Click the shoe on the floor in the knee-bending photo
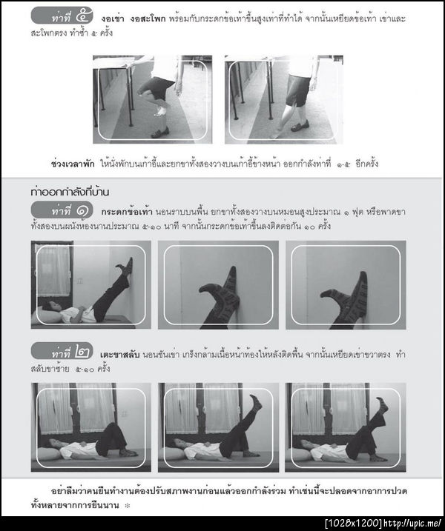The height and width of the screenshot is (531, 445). click(159, 133)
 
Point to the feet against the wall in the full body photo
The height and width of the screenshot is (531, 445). click(127, 267)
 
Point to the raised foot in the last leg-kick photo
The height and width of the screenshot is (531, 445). click(382, 404)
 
